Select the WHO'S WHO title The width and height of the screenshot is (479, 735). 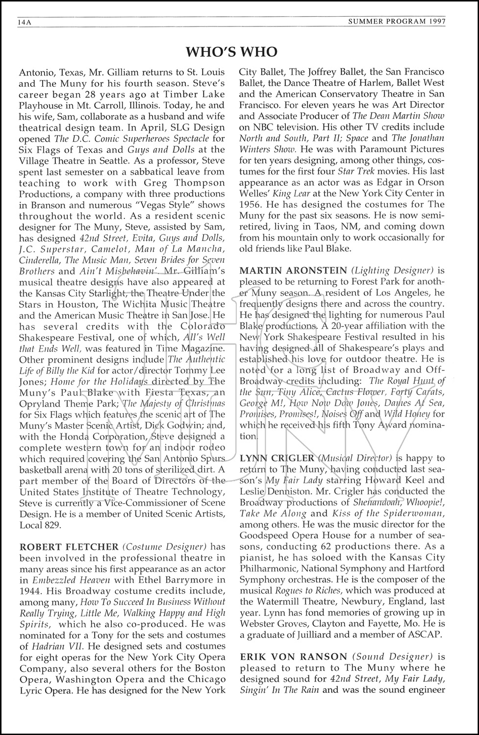pyautogui.click(x=232, y=52)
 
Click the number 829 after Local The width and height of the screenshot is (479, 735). pyautogui.click(x=52, y=525)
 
